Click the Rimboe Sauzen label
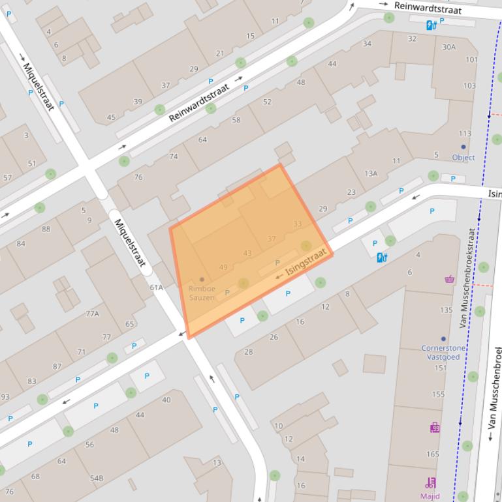pos(201,293)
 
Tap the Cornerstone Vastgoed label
pos(443,352)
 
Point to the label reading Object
pos(463,157)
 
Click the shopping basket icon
pos(449,279)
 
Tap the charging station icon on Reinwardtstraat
pos(431,25)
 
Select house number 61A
pos(156,288)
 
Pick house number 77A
pos(92,314)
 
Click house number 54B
pos(97,478)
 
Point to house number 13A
pos(371,173)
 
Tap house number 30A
pos(448,47)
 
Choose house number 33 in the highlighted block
pos(298,224)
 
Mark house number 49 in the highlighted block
pos(223,267)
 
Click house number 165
pos(433,454)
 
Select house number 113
pos(465,134)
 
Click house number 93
pos(5,397)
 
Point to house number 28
pos(248,352)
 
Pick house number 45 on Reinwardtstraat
pos(111,117)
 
